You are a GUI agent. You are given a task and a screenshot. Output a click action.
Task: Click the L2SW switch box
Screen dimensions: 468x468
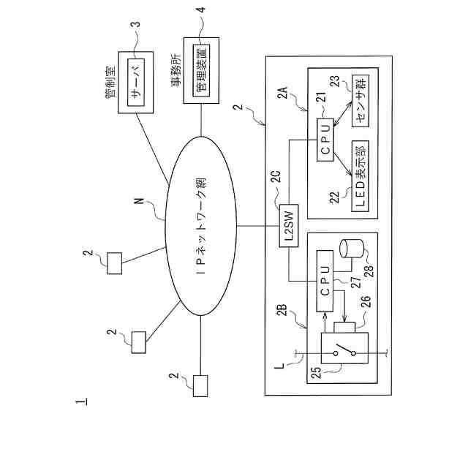289,226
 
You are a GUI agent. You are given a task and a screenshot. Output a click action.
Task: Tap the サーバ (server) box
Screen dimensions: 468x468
136,83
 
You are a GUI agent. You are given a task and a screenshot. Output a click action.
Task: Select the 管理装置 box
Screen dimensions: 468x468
201,70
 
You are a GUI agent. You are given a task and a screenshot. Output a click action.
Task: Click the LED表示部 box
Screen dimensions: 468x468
361,176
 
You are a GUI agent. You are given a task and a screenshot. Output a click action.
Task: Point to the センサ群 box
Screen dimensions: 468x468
361,101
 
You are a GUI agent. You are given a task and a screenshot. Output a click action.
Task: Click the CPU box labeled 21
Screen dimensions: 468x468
325,140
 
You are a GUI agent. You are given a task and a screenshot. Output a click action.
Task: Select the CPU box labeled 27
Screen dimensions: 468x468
325,281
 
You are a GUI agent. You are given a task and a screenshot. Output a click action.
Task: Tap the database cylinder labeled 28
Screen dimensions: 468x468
352,249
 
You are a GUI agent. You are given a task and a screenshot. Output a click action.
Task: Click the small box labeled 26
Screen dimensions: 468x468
344,328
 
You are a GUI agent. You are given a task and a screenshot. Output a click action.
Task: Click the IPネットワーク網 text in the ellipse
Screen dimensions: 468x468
201,226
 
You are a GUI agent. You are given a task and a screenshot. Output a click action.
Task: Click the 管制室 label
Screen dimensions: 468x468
110,82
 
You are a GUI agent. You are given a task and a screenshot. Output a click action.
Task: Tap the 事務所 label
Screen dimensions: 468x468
175,70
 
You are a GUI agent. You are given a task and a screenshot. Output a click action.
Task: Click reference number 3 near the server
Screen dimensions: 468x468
136,24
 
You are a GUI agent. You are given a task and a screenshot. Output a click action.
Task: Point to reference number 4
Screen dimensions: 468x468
202,10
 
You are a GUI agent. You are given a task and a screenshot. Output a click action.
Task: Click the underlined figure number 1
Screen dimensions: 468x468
82,401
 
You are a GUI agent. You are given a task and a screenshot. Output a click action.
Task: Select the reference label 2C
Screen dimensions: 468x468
276,177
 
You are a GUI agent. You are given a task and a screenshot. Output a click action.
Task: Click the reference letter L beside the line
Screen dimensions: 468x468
279,366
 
